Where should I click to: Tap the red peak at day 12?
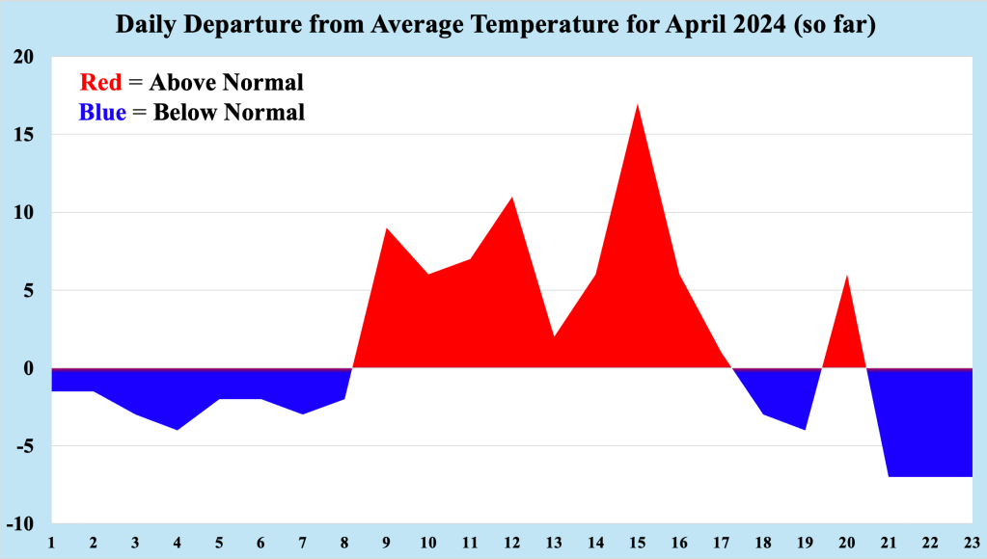(x=511, y=199)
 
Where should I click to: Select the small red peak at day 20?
(x=845, y=278)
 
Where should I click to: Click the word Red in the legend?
(x=100, y=82)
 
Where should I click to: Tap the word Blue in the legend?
(x=102, y=113)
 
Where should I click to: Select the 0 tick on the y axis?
(x=29, y=368)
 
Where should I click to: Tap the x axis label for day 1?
(x=51, y=542)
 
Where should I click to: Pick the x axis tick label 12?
(x=511, y=542)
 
